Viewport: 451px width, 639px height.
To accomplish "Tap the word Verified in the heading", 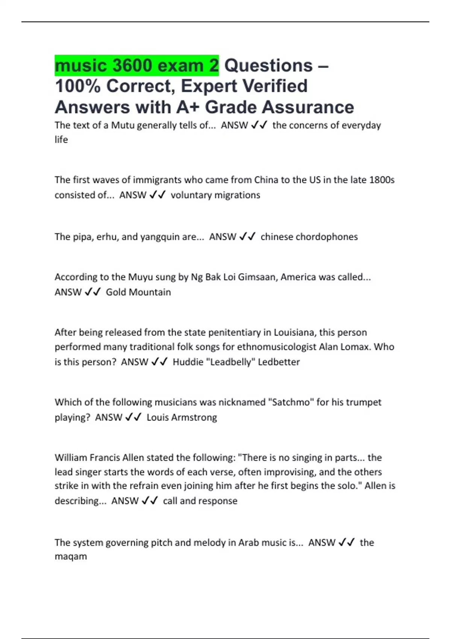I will (x=275, y=86).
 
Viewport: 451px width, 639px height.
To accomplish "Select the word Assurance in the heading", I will (x=308, y=107).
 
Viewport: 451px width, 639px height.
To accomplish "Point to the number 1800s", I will (x=382, y=180).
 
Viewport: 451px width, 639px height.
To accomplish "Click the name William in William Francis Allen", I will (x=70, y=457).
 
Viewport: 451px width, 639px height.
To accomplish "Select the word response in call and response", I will (x=219, y=501).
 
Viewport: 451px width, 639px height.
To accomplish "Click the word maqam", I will (x=71, y=556).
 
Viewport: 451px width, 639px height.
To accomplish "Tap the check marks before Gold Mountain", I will (x=92, y=292).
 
